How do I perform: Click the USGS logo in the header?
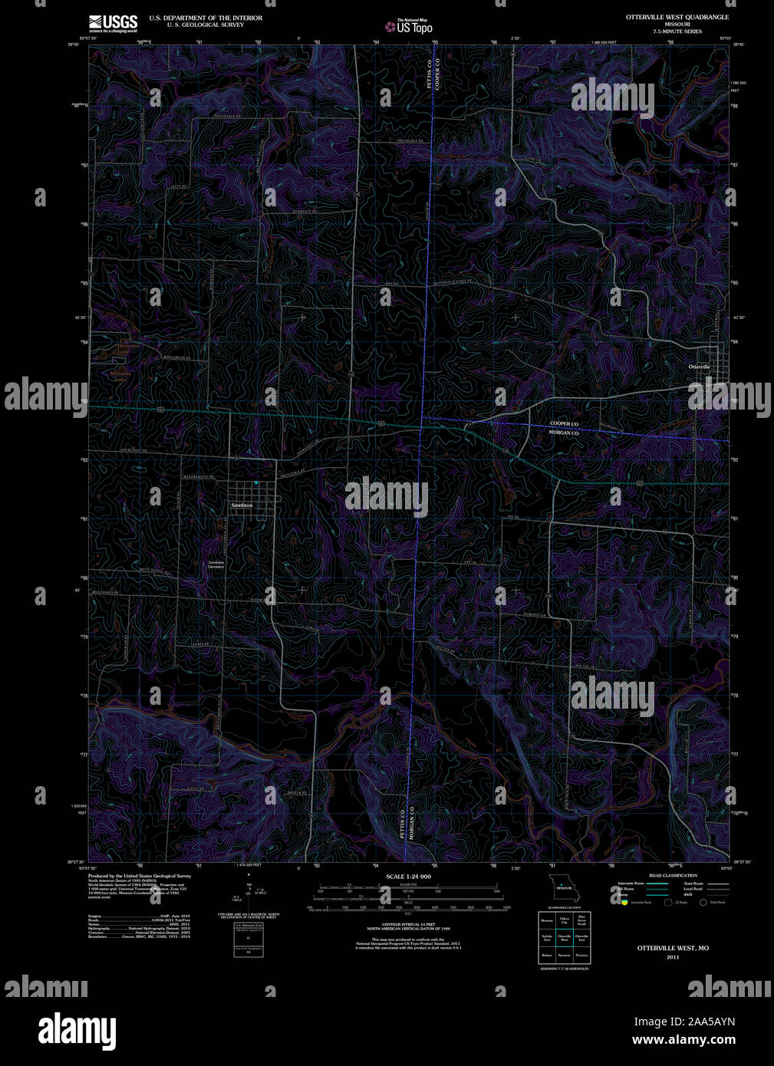113,22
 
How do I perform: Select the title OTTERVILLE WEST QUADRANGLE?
677,17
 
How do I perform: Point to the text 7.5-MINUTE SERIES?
677,31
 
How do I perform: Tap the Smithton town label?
242,505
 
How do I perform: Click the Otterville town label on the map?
699,367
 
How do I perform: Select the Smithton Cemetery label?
216,564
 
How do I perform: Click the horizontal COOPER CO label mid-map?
564,423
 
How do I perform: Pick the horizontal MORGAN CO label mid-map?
564,433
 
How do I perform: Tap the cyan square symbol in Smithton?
256,483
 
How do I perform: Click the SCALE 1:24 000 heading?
408,876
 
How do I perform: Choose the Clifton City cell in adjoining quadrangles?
565,920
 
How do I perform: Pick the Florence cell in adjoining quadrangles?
581,955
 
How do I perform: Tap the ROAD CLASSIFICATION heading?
673,875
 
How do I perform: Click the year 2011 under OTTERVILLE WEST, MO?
673,957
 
